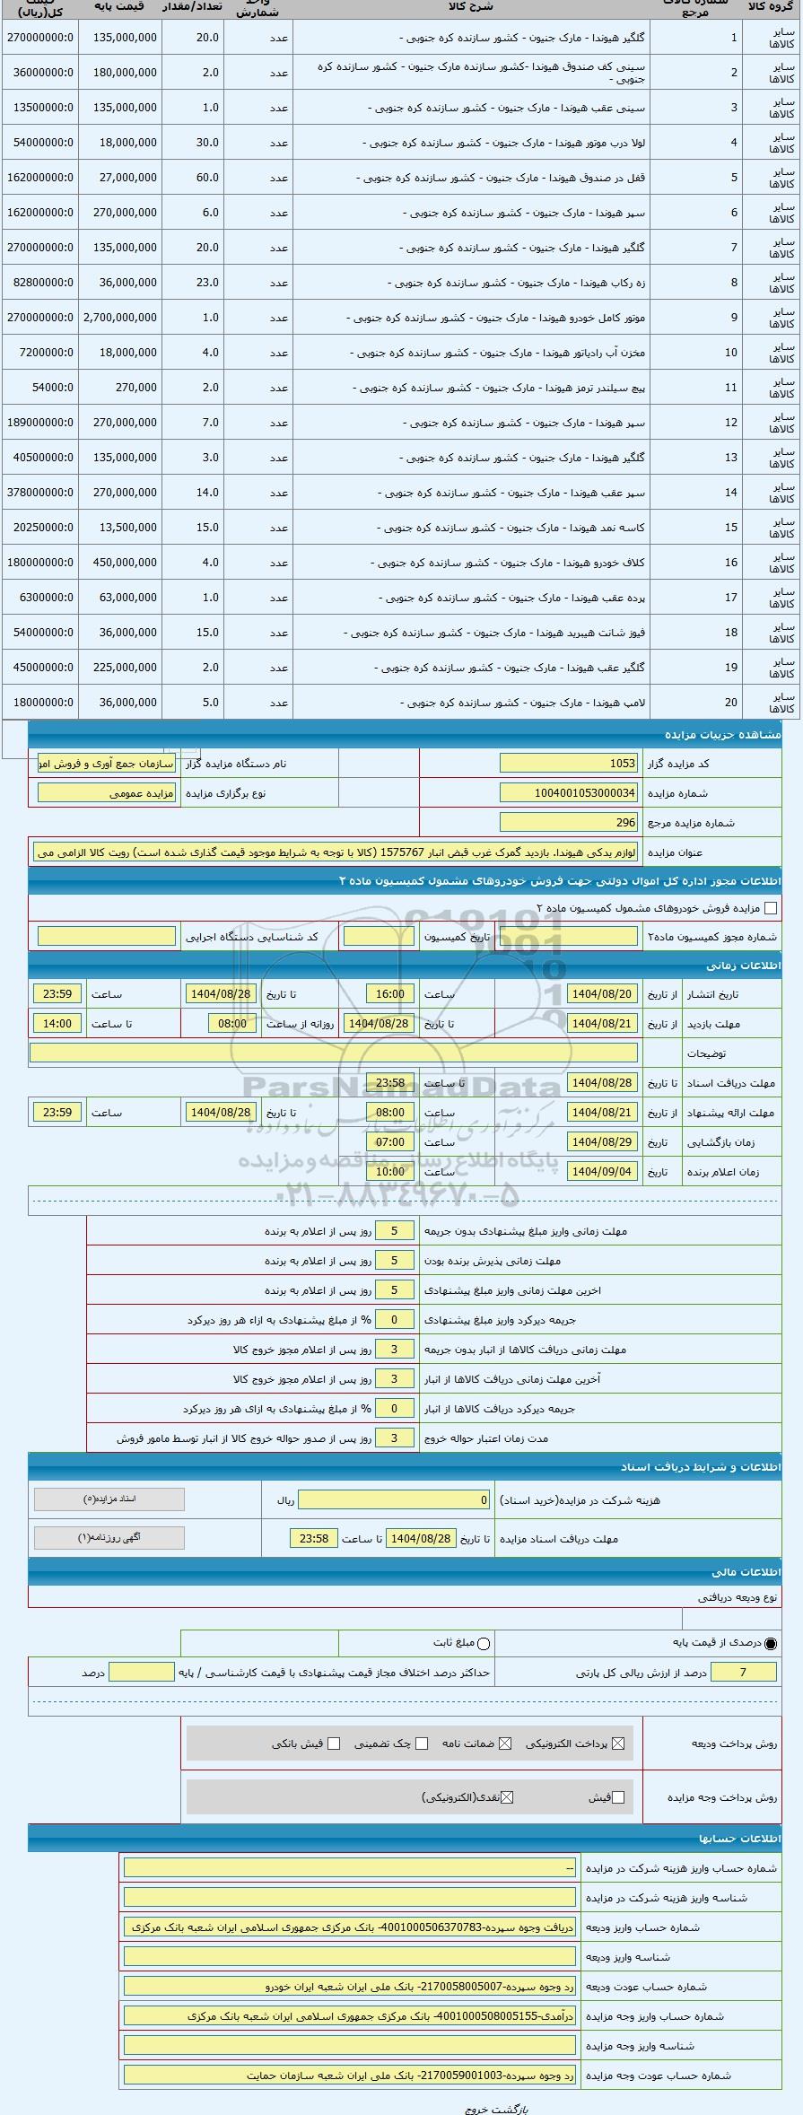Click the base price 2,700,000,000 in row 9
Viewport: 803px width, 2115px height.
(x=120, y=318)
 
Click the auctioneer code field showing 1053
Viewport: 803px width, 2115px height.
(x=568, y=764)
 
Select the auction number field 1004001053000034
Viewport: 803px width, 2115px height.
(x=568, y=793)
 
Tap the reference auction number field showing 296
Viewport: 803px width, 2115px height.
(x=568, y=823)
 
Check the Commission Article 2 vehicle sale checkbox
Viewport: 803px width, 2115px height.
(x=771, y=908)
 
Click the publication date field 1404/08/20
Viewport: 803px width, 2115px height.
(x=602, y=994)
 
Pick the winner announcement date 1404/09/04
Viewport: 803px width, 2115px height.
(x=602, y=1172)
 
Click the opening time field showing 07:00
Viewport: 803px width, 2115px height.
(x=390, y=1142)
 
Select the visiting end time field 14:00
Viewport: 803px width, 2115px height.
(x=57, y=1024)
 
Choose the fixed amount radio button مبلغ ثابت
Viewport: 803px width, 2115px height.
(x=484, y=1644)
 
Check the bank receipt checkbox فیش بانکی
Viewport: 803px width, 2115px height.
(x=334, y=1744)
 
